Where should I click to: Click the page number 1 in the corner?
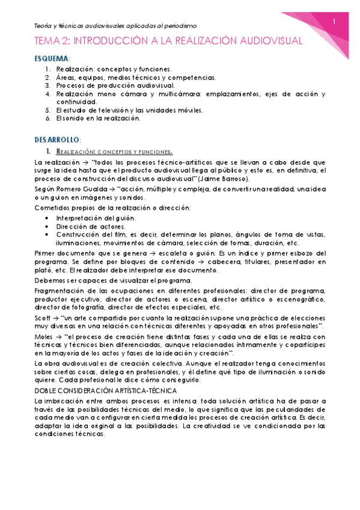click(x=335, y=22)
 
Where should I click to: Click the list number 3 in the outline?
click(x=47, y=86)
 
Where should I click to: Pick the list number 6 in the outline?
click(x=47, y=118)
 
